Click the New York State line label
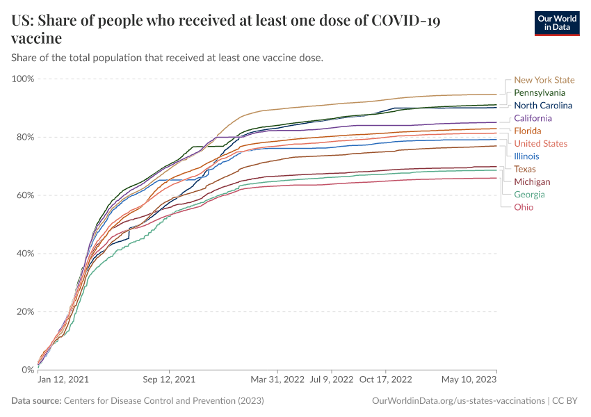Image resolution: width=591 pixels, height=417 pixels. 544,80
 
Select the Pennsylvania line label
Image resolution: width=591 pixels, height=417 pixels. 540,92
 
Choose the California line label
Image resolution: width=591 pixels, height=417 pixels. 533,118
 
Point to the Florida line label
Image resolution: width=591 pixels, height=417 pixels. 527,131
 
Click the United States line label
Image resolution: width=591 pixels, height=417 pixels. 540,143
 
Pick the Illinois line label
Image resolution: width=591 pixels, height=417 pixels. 526,156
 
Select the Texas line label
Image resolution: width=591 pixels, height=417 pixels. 525,169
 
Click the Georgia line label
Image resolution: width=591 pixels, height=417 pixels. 529,195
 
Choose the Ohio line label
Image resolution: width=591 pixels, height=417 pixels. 524,207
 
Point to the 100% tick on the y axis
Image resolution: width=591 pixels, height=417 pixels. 22,79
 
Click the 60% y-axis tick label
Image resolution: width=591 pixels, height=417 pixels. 24,195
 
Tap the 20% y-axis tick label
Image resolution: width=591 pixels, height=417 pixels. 24,311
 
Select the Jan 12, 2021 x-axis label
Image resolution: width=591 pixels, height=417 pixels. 63,380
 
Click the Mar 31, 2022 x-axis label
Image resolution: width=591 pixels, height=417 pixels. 277,380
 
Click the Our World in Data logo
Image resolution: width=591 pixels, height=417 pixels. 557,23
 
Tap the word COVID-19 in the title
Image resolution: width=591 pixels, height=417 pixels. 406,22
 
